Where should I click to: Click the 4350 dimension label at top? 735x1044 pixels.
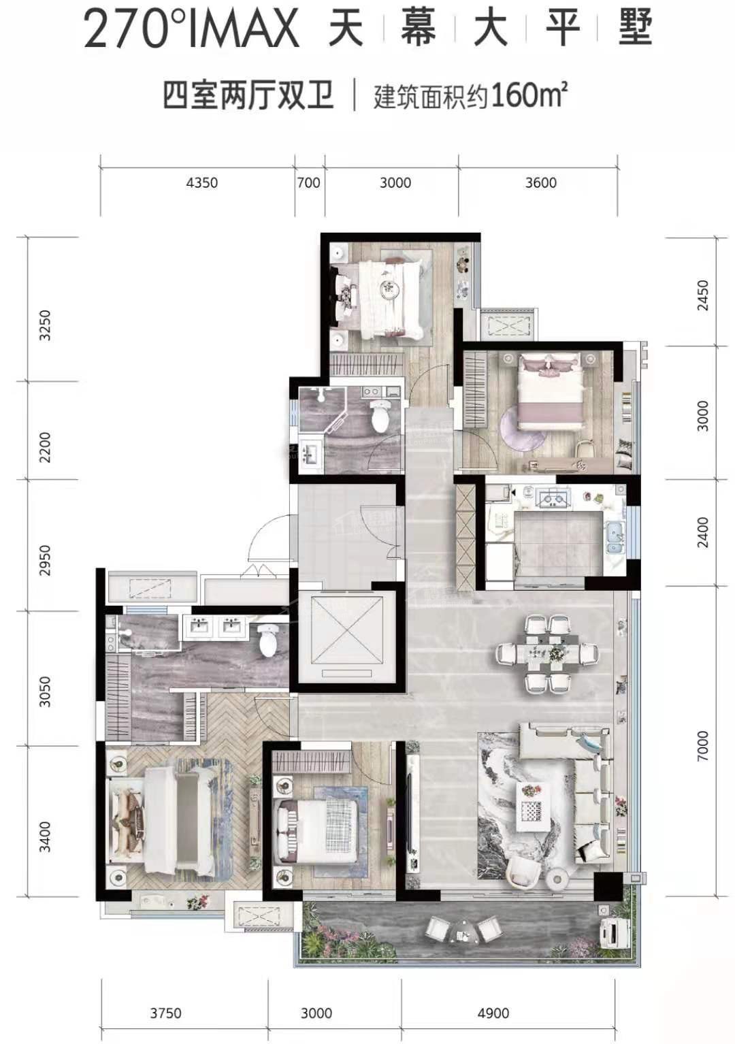click(x=202, y=182)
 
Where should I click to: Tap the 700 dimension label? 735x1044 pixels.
click(x=309, y=182)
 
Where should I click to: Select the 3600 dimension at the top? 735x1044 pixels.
click(x=540, y=182)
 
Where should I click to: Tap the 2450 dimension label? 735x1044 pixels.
click(x=702, y=295)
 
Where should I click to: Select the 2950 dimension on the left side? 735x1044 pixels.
click(x=45, y=560)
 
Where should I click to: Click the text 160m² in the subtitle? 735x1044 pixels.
click(x=529, y=96)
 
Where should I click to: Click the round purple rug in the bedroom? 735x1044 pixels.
click(x=522, y=427)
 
